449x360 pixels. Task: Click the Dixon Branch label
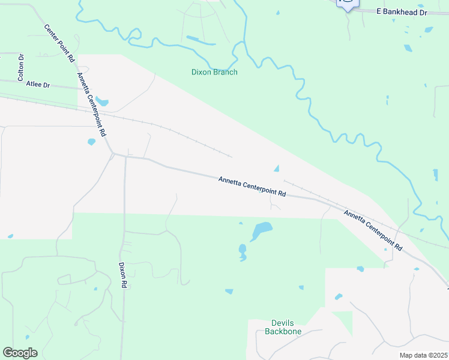[x=214, y=72]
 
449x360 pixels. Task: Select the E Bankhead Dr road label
[x=401, y=11]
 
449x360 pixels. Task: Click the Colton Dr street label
[x=20, y=67]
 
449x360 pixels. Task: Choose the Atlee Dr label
[x=38, y=85]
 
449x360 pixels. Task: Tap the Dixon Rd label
[x=122, y=276]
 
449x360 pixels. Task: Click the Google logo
[x=20, y=353]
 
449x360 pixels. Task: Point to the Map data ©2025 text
[x=423, y=355]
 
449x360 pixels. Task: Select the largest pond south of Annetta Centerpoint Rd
[x=262, y=229]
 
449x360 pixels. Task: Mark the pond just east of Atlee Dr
[x=101, y=102]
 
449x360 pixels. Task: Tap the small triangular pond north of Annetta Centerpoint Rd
[x=276, y=168]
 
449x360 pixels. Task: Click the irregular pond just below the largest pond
[x=243, y=252]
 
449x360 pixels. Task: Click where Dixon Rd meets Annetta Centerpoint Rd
[x=125, y=156]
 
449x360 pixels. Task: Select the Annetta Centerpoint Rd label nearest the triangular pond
[x=252, y=187]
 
